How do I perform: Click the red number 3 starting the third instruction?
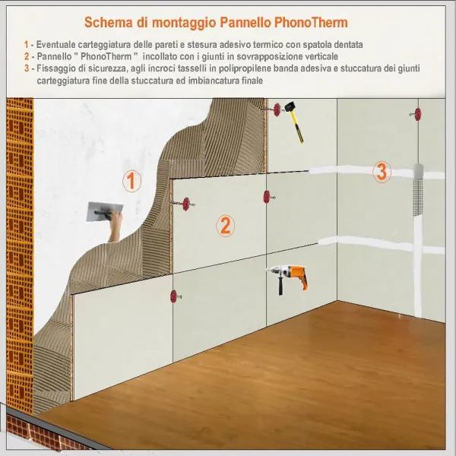(x=27, y=68)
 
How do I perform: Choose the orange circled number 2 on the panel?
(x=225, y=225)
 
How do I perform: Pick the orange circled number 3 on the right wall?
(x=382, y=172)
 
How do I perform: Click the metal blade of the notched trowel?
(x=100, y=211)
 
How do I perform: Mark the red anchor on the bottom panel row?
(x=175, y=295)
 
